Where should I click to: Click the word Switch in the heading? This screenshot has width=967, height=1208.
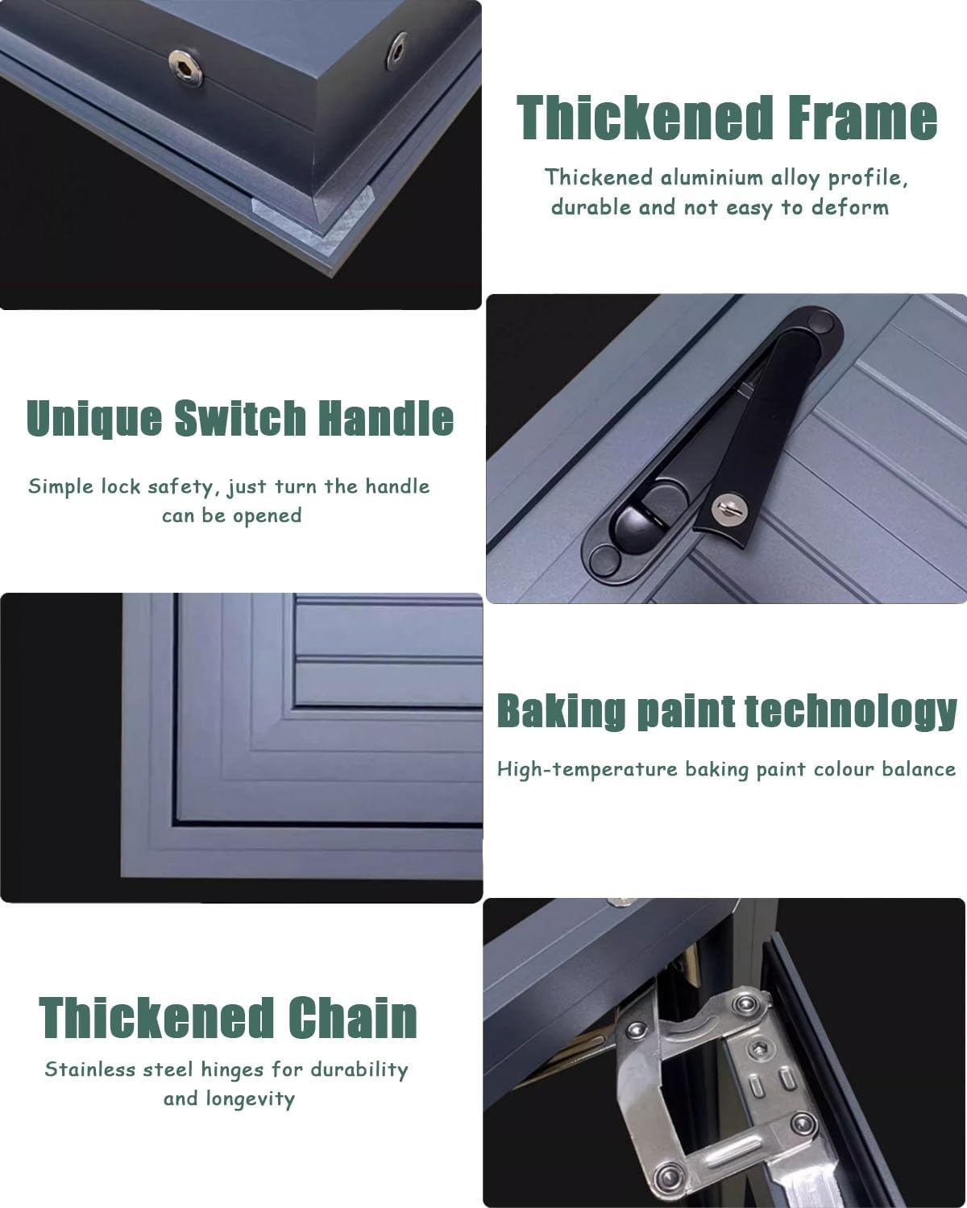(x=240, y=417)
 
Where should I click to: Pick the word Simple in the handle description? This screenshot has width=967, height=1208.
(x=60, y=487)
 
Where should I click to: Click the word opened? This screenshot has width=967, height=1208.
(x=267, y=516)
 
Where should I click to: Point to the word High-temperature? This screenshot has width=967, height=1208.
(x=587, y=769)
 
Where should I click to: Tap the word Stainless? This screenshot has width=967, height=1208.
(x=90, y=1069)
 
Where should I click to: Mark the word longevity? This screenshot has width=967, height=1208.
(x=250, y=1099)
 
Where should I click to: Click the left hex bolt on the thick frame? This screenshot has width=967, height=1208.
(x=185, y=68)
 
